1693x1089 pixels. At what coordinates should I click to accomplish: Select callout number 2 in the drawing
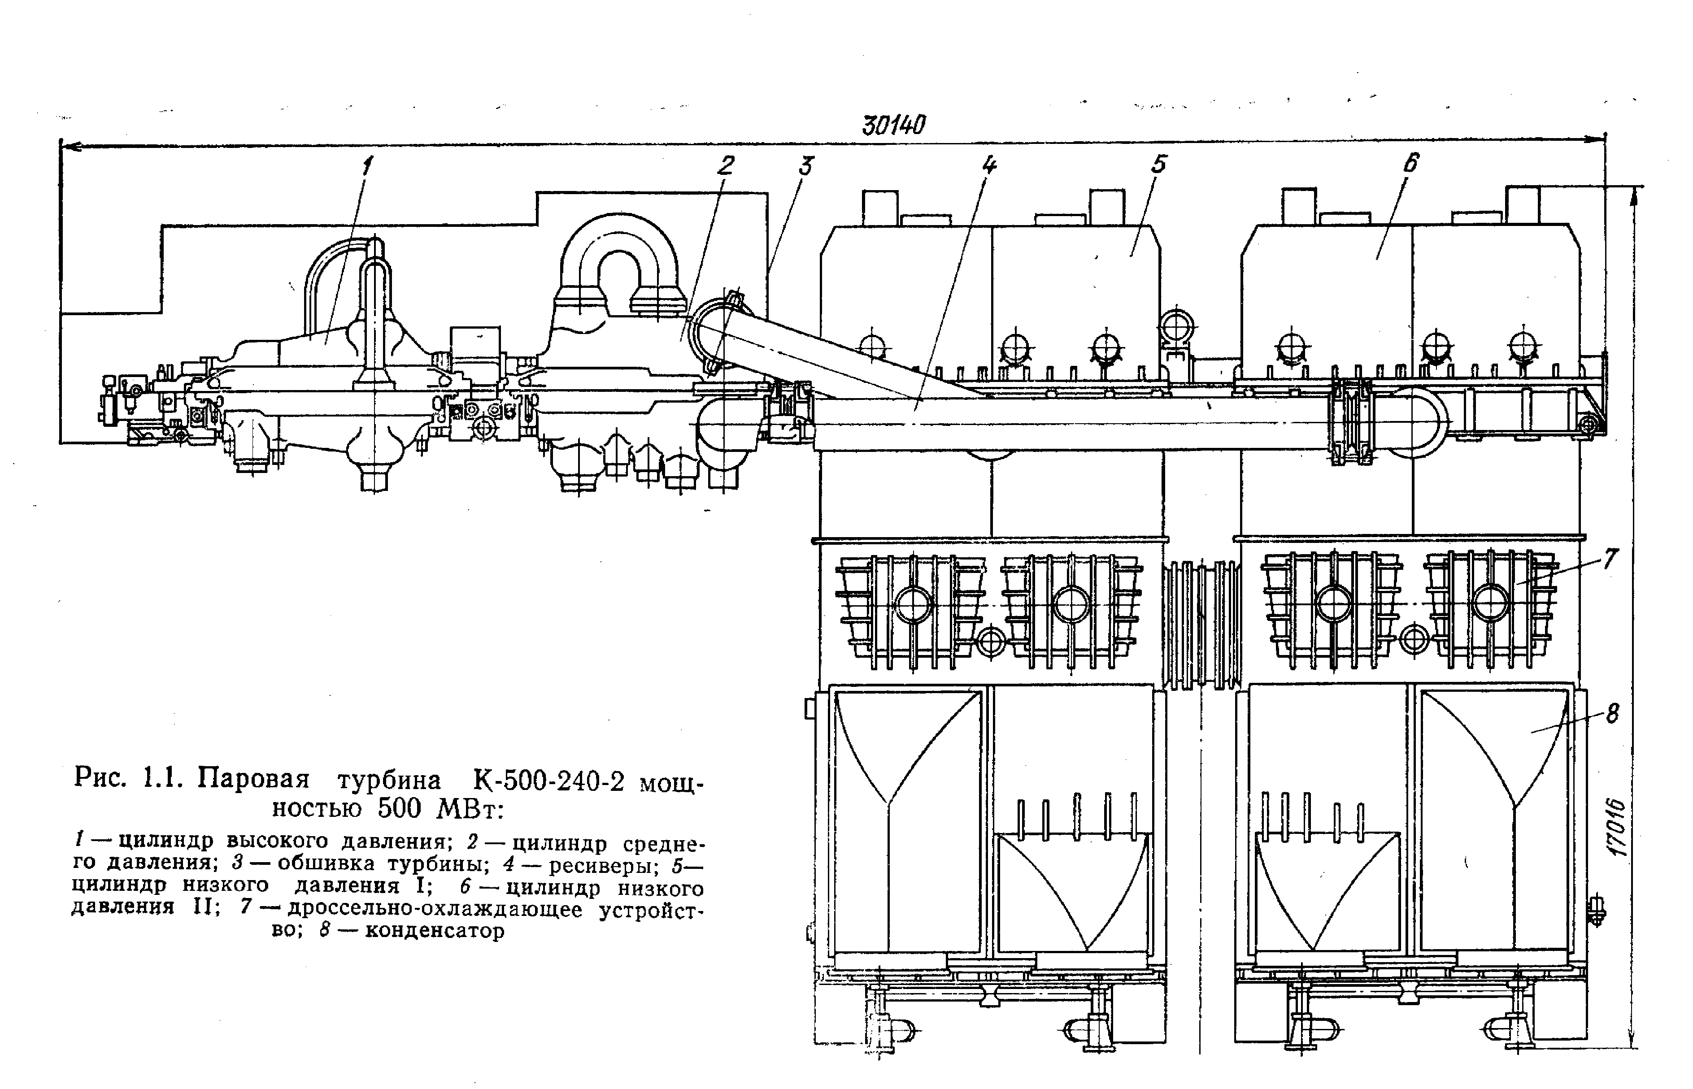(726, 165)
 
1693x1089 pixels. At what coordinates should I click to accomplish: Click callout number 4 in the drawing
(988, 165)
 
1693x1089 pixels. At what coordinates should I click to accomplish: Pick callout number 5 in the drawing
(1158, 165)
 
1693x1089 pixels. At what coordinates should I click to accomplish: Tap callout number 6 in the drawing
(1410, 163)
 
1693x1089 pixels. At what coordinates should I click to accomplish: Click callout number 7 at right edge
(1609, 559)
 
